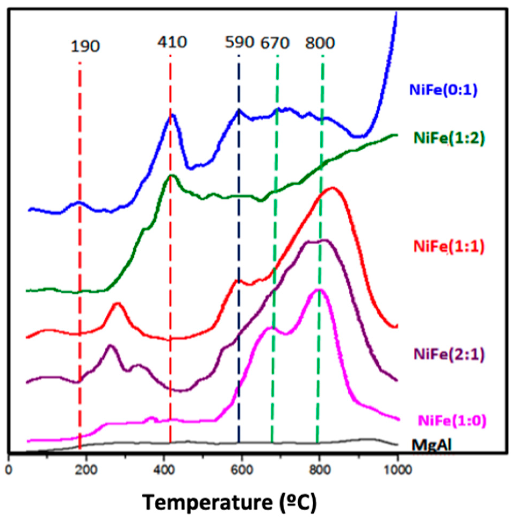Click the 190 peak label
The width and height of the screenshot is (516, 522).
point(85,47)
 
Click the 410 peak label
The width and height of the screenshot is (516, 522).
point(172,42)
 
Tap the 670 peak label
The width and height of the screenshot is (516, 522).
point(275,43)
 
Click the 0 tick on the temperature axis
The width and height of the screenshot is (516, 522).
point(9,470)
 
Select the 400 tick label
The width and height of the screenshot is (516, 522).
point(164,470)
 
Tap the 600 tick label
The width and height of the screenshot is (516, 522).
point(242,470)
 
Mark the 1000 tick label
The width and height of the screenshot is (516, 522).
point(397,470)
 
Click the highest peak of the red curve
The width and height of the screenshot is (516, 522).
point(332,189)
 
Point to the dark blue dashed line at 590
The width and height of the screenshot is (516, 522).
point(239,243)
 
